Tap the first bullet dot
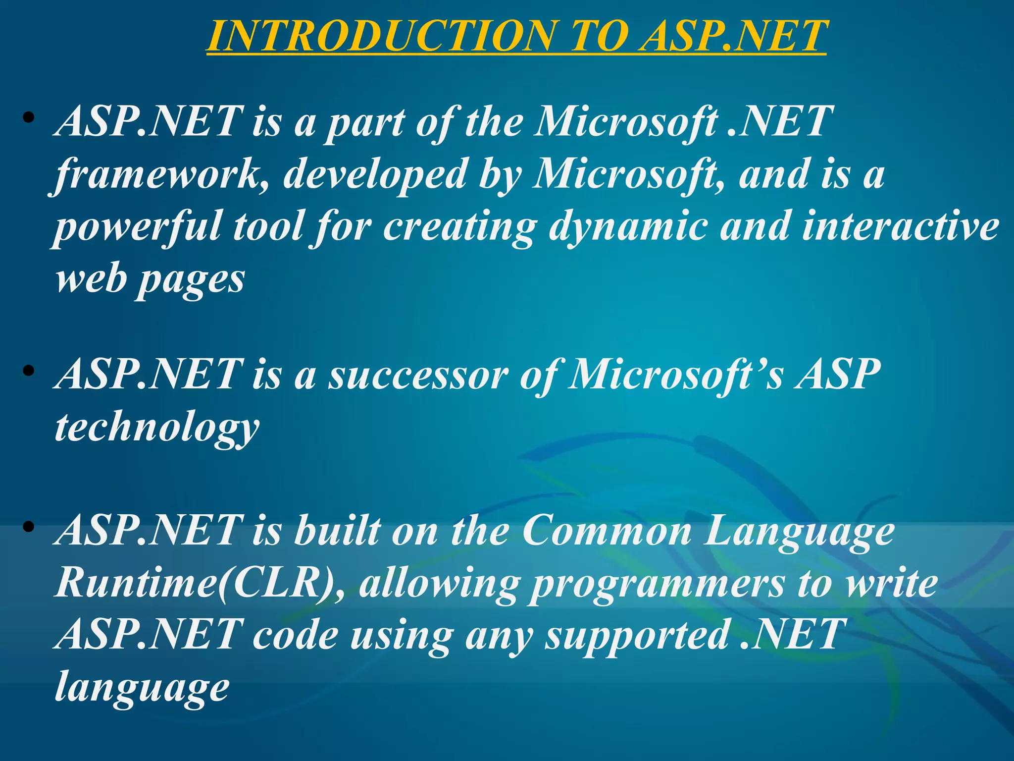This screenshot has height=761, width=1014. point(28,118)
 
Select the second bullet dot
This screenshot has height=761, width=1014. point(28,371)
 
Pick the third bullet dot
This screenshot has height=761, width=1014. point(28,527)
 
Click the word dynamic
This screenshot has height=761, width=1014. point(628,227)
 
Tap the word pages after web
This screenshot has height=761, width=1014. point(191,280)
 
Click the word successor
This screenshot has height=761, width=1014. point(418,375)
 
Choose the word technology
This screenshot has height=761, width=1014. point(157,428)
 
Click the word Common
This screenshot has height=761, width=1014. point(607,531)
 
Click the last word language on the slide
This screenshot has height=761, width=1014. point(142,689)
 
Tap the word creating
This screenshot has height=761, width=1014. point(460,227)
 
